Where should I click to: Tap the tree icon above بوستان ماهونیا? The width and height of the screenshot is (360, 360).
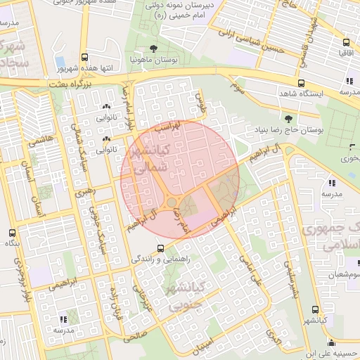[x=153, y=48]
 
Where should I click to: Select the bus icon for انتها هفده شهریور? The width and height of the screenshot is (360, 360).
[x=85, y=57]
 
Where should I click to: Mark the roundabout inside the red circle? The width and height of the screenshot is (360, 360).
[x=172, y=203]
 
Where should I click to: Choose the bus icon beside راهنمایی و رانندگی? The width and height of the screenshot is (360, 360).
[x=162, y=247]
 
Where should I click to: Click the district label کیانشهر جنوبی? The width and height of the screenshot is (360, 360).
[x=184, y=295]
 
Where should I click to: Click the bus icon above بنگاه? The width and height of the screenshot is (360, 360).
[x=11, y=233]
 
